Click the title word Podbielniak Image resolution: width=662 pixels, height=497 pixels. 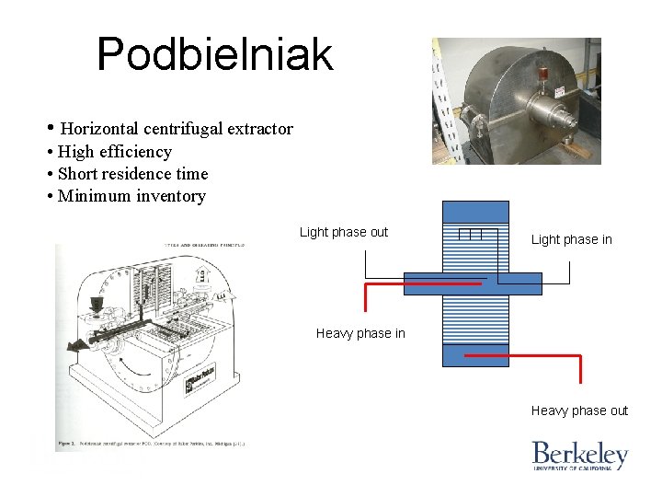point(214,54)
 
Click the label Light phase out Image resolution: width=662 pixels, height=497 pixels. point(344,232)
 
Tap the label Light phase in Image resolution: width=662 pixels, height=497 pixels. point(571,239)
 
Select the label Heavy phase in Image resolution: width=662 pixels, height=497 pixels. point(360,333)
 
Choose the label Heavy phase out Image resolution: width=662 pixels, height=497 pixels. point(579,410)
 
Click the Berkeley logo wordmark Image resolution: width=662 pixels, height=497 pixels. point(579,454)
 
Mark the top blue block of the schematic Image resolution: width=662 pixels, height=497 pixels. point(474,212)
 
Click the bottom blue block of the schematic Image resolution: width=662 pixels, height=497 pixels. point(474,355)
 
